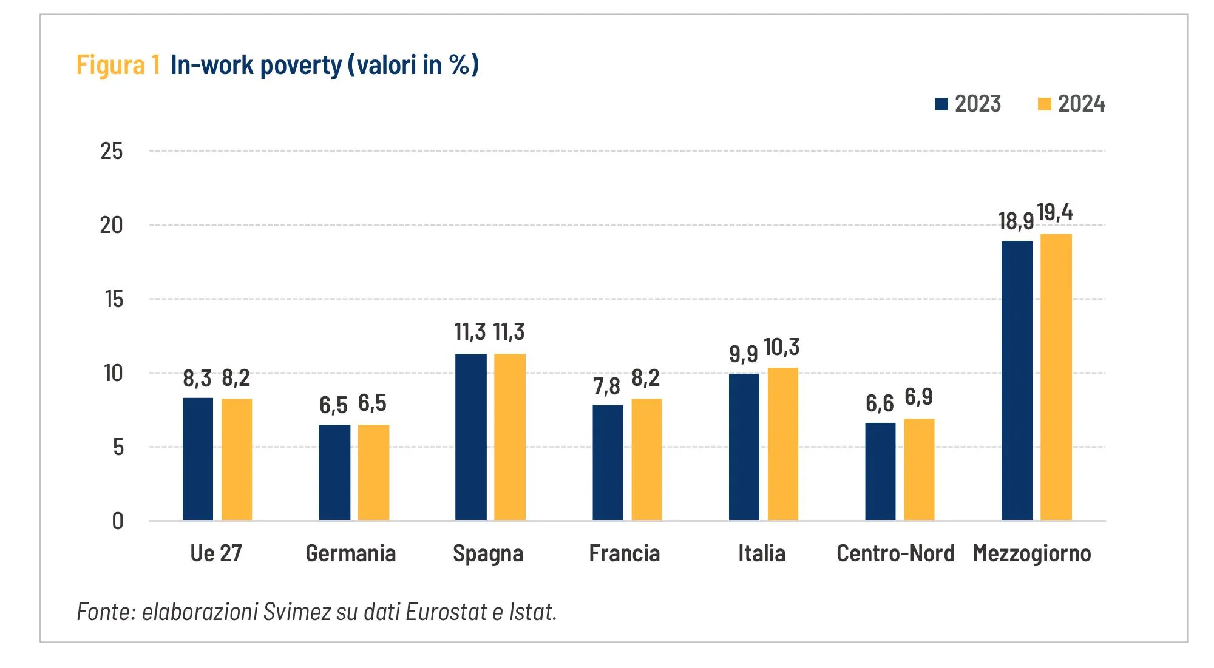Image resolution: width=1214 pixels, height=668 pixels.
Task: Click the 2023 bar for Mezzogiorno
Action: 1017,380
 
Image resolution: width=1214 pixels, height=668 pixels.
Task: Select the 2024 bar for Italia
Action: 782,444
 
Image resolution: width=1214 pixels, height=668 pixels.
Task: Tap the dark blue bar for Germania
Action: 334,472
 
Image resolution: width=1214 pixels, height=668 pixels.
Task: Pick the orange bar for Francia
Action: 646,459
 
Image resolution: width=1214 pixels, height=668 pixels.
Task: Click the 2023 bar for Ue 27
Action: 198,459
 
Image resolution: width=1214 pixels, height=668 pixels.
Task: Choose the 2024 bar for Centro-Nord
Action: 919,469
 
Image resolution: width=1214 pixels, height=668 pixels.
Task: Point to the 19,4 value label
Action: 1054,212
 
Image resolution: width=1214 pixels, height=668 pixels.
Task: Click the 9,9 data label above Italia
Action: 743,353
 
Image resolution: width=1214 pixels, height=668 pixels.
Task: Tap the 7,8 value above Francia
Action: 606,386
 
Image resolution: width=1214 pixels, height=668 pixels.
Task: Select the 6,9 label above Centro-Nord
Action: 918,397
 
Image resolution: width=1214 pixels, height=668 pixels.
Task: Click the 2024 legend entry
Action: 1071,104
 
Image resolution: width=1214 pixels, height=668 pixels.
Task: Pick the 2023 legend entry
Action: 968,104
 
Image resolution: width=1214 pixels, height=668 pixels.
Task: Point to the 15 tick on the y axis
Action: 114,299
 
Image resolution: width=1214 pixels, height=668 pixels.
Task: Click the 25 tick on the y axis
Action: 112,151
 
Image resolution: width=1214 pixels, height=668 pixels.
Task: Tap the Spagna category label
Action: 488,553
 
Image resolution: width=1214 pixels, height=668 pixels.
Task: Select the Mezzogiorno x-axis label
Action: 1031,553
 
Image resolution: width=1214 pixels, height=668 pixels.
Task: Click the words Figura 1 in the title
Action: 118,65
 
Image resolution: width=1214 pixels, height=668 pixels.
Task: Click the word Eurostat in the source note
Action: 446,612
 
